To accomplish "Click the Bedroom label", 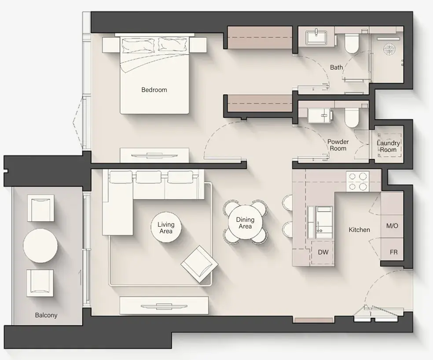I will pyautogui.click(x=154, y=90).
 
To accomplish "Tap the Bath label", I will pyautogui.click(x=336, y=67).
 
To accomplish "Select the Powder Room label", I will pyautogui.click(x=338, y=145).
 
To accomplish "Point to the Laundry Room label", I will pyautogui.click(x=388, y=146).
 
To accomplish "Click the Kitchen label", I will pyautogui.click(x=359, y=230).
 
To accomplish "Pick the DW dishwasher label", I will pyautogui.click(x=323, y=252).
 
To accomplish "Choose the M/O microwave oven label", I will pyautogui.click(x=392, y=226).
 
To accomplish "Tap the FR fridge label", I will pyautogui.click(x=394, y=253).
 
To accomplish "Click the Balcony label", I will pyautogui.click(x=46, y=315).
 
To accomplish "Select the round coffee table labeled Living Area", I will pyautogui.click(x=166, y=228).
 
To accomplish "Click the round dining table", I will pyautogui.click(x=245, y=223).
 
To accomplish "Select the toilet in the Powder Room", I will pyautogui.click(x=352, y=118).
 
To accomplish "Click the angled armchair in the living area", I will pyautogui.click(x=199, y=264).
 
